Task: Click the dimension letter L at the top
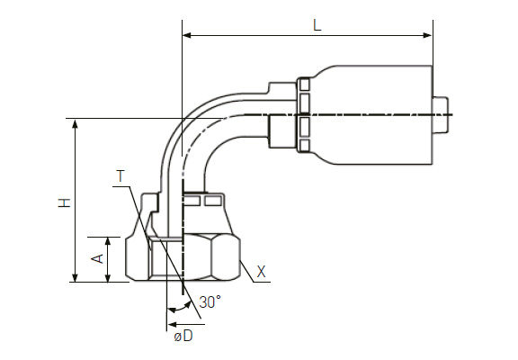317,25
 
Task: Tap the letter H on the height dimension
65,202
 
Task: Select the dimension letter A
97,258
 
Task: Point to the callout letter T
121,176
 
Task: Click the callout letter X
262,272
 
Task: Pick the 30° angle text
210,301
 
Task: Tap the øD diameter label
183,337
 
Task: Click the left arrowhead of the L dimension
187,35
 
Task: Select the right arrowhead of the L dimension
428,35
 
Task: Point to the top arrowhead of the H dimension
76,124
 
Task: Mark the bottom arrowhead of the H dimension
76,277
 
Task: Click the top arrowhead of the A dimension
108,242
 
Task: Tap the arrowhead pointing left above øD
173,324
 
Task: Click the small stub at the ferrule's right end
440,115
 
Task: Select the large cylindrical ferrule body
371,115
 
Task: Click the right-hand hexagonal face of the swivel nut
225,257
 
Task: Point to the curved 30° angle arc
180,309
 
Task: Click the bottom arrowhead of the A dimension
108,277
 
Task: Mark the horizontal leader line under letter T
121,187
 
